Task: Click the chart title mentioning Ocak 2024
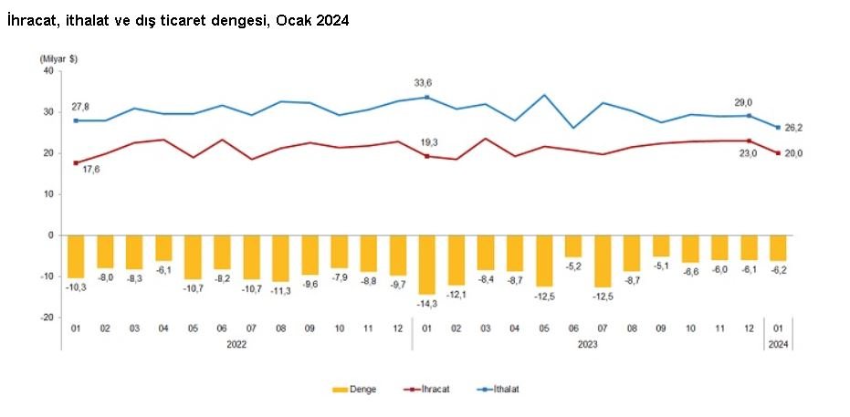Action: click(178, 19)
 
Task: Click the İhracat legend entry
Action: click(428, 390)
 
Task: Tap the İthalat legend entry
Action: click(499, 390)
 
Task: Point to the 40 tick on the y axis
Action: click(48, 72)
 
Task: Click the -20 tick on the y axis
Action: click(47, 317)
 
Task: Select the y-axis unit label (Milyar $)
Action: click(58, 58)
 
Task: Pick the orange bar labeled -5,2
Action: click(572, 245)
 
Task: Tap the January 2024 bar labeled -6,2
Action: click(778, 247)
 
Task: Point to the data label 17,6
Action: click(93, 168)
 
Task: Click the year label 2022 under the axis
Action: click(236, 344)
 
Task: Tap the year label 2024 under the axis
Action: click(779, 344)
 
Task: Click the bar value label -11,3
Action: click(281, 291)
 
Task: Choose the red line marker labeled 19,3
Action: click(426, 156)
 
